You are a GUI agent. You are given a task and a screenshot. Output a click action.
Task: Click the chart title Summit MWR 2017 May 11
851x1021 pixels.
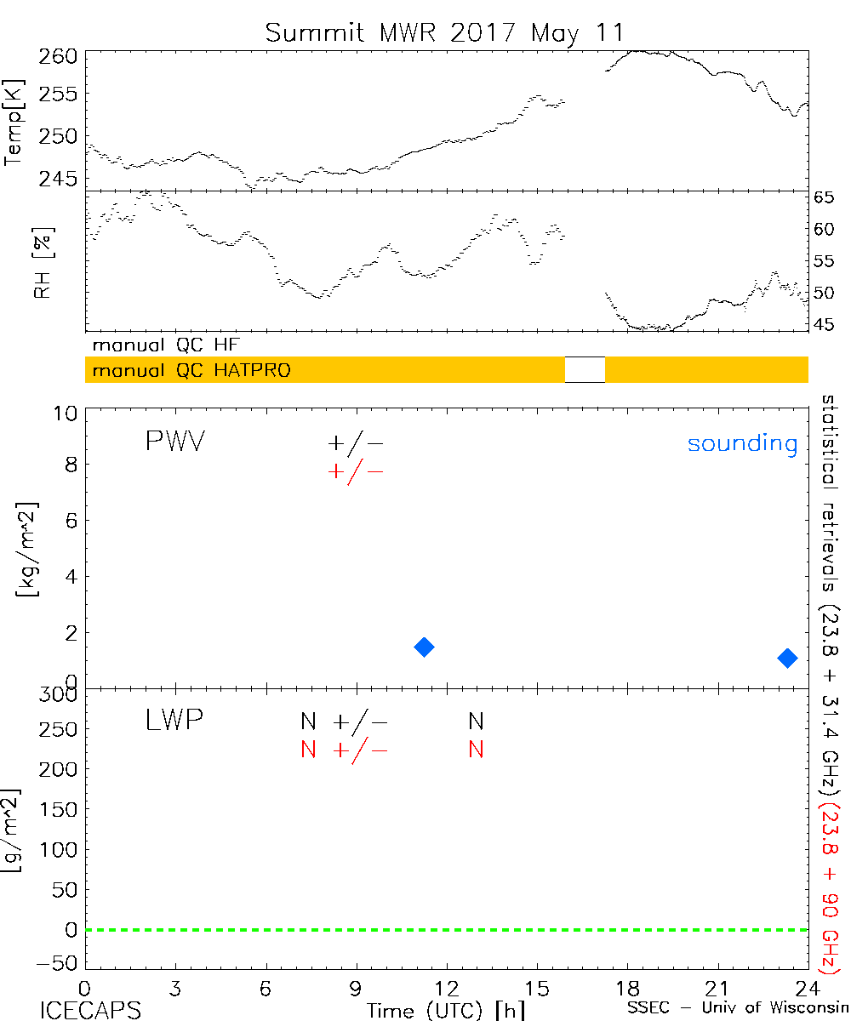tap(444, 33)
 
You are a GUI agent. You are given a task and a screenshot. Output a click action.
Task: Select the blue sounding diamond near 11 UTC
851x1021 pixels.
tap(424, 647)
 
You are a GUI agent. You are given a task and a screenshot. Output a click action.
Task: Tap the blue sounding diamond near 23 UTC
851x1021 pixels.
tap(787, 658)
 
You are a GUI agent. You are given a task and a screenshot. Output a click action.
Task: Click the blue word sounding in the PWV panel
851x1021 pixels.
tap(742, 444)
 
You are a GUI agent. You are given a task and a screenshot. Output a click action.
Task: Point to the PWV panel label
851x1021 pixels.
tap(174, 442)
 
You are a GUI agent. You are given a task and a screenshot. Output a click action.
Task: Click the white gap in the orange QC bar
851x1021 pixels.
tap(585, 369)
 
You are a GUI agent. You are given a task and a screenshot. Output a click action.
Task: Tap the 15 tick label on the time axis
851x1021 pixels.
tap(537, 989)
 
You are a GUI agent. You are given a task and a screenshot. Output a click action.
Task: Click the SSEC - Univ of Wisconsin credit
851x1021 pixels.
tap(737, 1009)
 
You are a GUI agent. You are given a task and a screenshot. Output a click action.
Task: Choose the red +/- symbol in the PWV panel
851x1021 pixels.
tap(356, 471)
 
